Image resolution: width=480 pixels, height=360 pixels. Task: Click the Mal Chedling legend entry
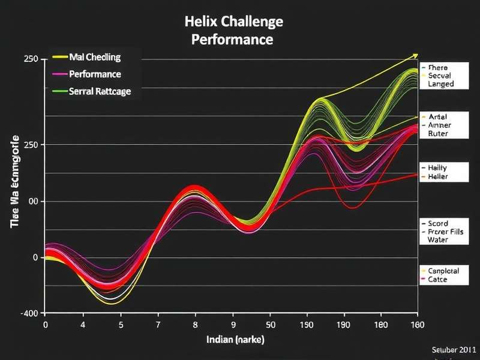tap(95, 58)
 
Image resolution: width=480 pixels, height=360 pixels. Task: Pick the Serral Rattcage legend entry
tap(100, 92)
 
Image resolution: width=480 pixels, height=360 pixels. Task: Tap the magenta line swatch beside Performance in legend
tap(59, 75)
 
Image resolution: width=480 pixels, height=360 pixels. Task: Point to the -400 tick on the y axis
tap(29, 313)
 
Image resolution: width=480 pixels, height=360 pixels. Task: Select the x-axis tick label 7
tap(158, 325)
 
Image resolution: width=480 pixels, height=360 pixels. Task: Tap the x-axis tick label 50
tap(271, 325)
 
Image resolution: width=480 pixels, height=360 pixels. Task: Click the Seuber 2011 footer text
tap(454, 349)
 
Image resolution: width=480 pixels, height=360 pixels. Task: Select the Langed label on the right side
tap(440, 85)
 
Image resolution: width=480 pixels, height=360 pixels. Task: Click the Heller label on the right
tap(437, 177)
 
